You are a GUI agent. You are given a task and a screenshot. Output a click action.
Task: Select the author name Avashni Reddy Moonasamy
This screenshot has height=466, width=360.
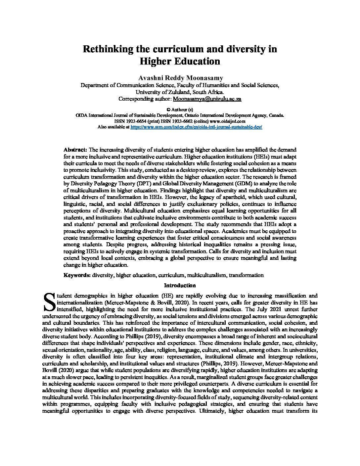[x=180, y=78]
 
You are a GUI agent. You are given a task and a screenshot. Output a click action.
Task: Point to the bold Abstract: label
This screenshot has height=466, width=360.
[x=75, y=150]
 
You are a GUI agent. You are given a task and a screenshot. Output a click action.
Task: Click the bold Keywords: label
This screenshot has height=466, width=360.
[x=77, y=275]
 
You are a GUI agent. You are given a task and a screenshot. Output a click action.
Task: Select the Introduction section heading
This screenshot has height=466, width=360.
[x=180, y=285]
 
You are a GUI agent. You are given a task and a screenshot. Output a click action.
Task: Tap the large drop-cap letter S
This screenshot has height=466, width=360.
[x=49, y=302]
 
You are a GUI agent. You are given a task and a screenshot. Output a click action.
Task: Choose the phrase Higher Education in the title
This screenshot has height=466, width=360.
[x=180, y=62]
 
